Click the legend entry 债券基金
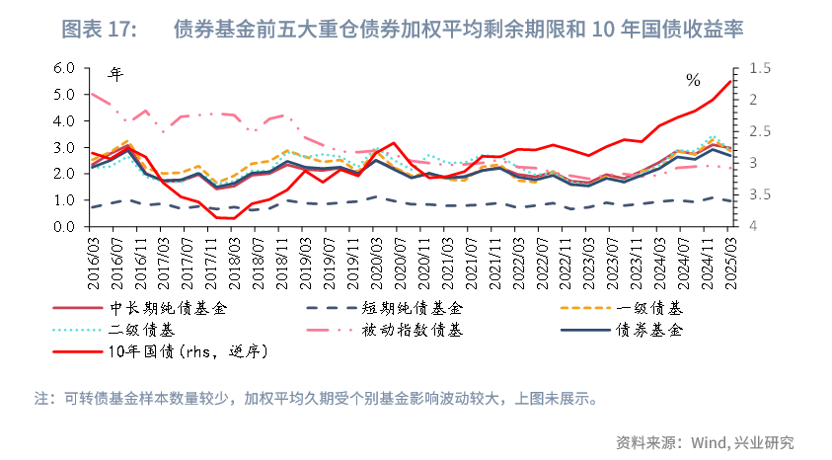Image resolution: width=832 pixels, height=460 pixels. click(x=650, y=330)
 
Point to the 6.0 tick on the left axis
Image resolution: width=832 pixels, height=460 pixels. click(x=64, y=68)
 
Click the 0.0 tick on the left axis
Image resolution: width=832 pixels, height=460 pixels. click(x=64, y=227)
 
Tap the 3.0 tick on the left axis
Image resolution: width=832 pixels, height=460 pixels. click(x=64, y=148)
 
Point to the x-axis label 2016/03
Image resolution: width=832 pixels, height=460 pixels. click(x=94, y=260)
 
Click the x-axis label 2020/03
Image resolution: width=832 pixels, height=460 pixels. click(x=375, y=260)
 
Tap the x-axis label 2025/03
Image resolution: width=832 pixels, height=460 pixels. click(x=729, y=260)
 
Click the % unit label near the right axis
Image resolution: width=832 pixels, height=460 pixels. click(x=693, y=79)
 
